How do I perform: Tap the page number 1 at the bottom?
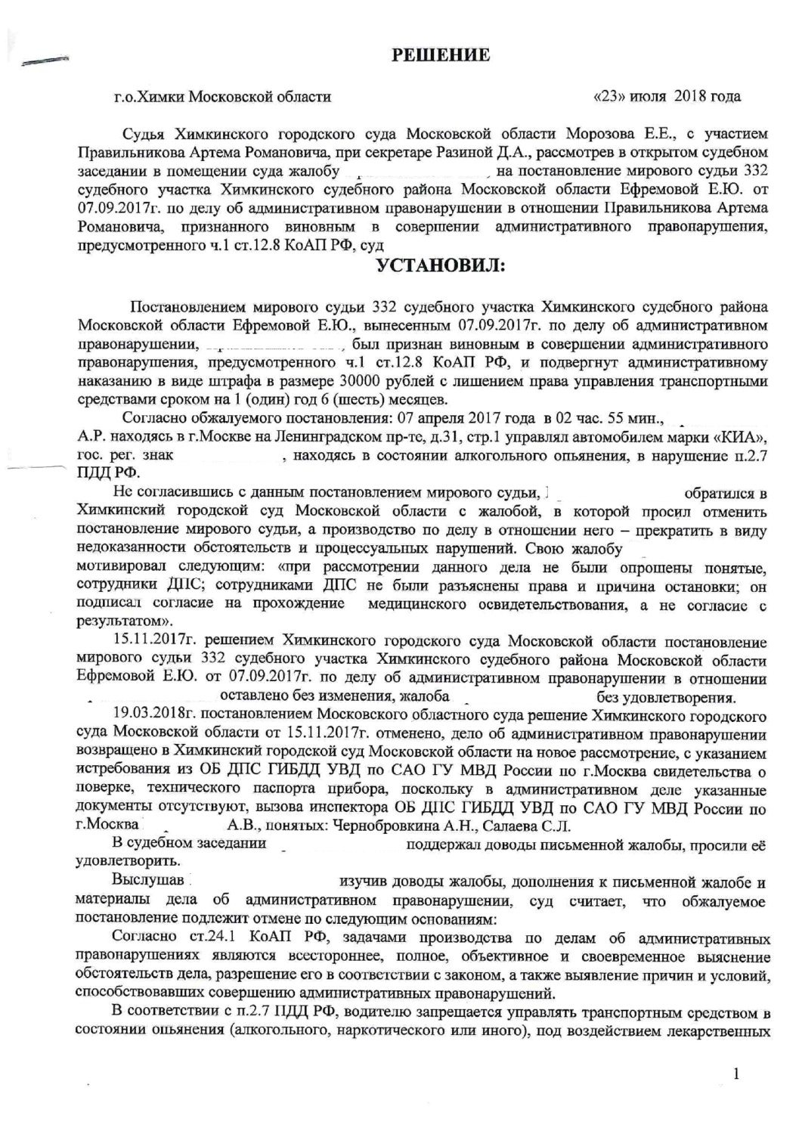pyautogui.click(x=735, y=1074)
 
